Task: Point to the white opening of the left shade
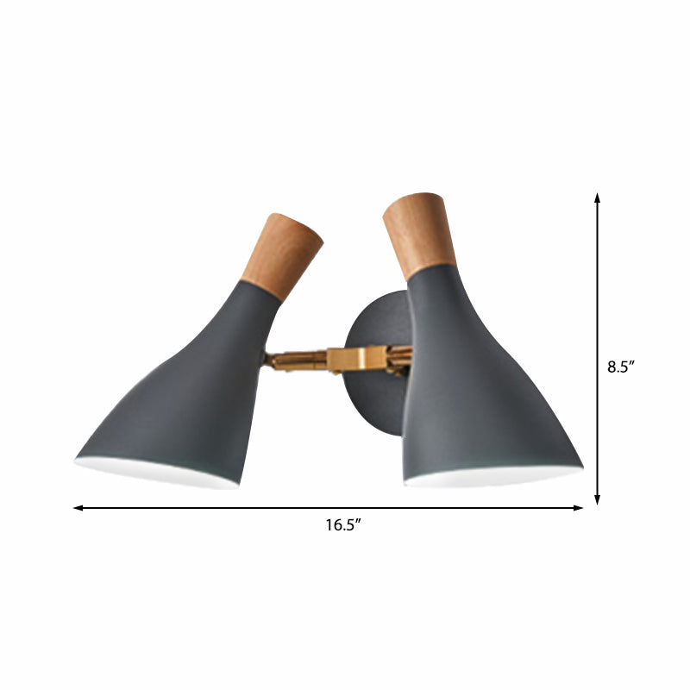[155, 472]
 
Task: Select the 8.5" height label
[621, 366]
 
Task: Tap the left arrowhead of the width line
[78, 508]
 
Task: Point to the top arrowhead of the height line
[598, 198]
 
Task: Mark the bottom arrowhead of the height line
[598, 500]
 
